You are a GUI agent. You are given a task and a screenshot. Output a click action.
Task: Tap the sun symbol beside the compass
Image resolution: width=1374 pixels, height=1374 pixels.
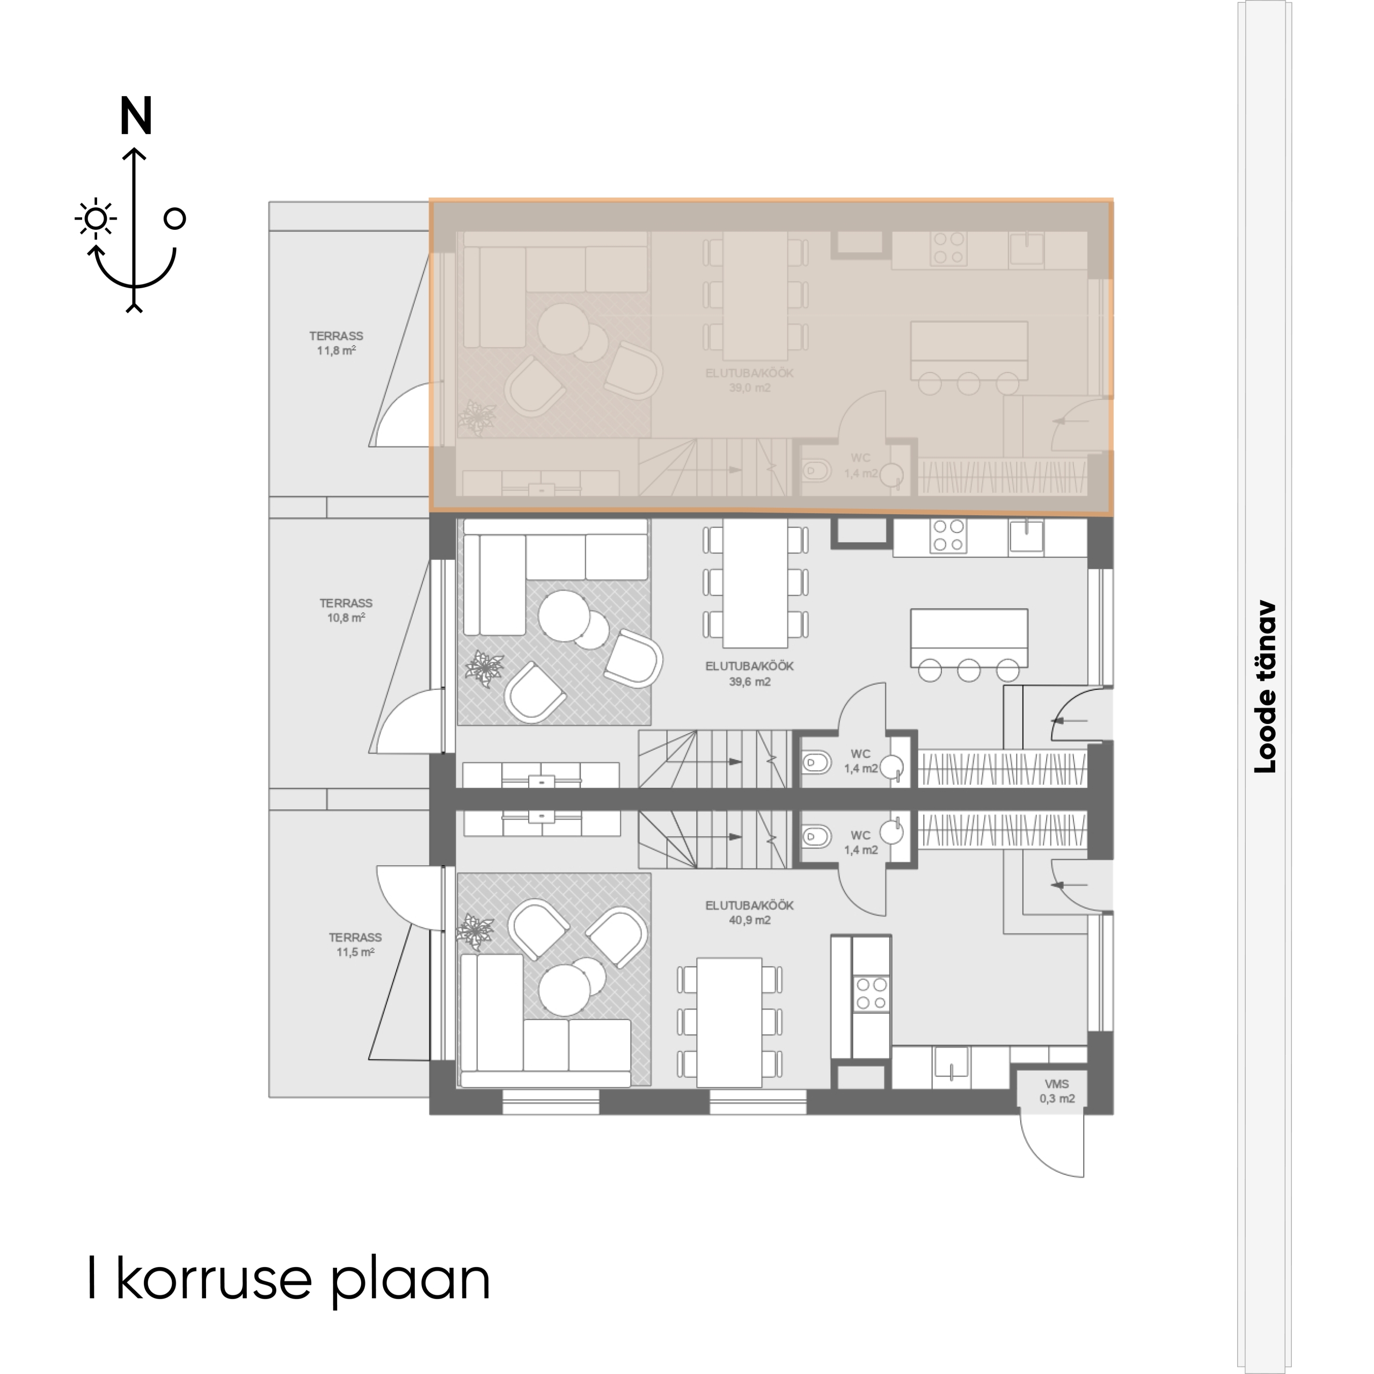coord(96,218)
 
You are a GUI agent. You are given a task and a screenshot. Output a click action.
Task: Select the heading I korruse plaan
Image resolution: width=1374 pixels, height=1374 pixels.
coord(289,1278)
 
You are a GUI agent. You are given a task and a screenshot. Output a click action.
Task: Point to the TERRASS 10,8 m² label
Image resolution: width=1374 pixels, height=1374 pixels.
coord(346,610)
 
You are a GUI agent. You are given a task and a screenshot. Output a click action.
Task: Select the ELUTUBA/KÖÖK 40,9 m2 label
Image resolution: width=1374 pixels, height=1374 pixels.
coord(750,912)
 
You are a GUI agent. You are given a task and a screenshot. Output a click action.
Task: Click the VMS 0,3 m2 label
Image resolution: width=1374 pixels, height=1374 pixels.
coord(1057,1091)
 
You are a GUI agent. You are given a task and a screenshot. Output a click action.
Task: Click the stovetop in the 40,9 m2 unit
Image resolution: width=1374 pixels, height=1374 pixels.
coord(872,993)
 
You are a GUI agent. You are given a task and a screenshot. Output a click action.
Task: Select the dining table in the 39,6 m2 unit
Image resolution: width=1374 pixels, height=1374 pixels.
coord(755,583)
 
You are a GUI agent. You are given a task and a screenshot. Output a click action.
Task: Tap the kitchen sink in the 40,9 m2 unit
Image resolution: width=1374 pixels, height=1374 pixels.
coord(950,1065)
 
